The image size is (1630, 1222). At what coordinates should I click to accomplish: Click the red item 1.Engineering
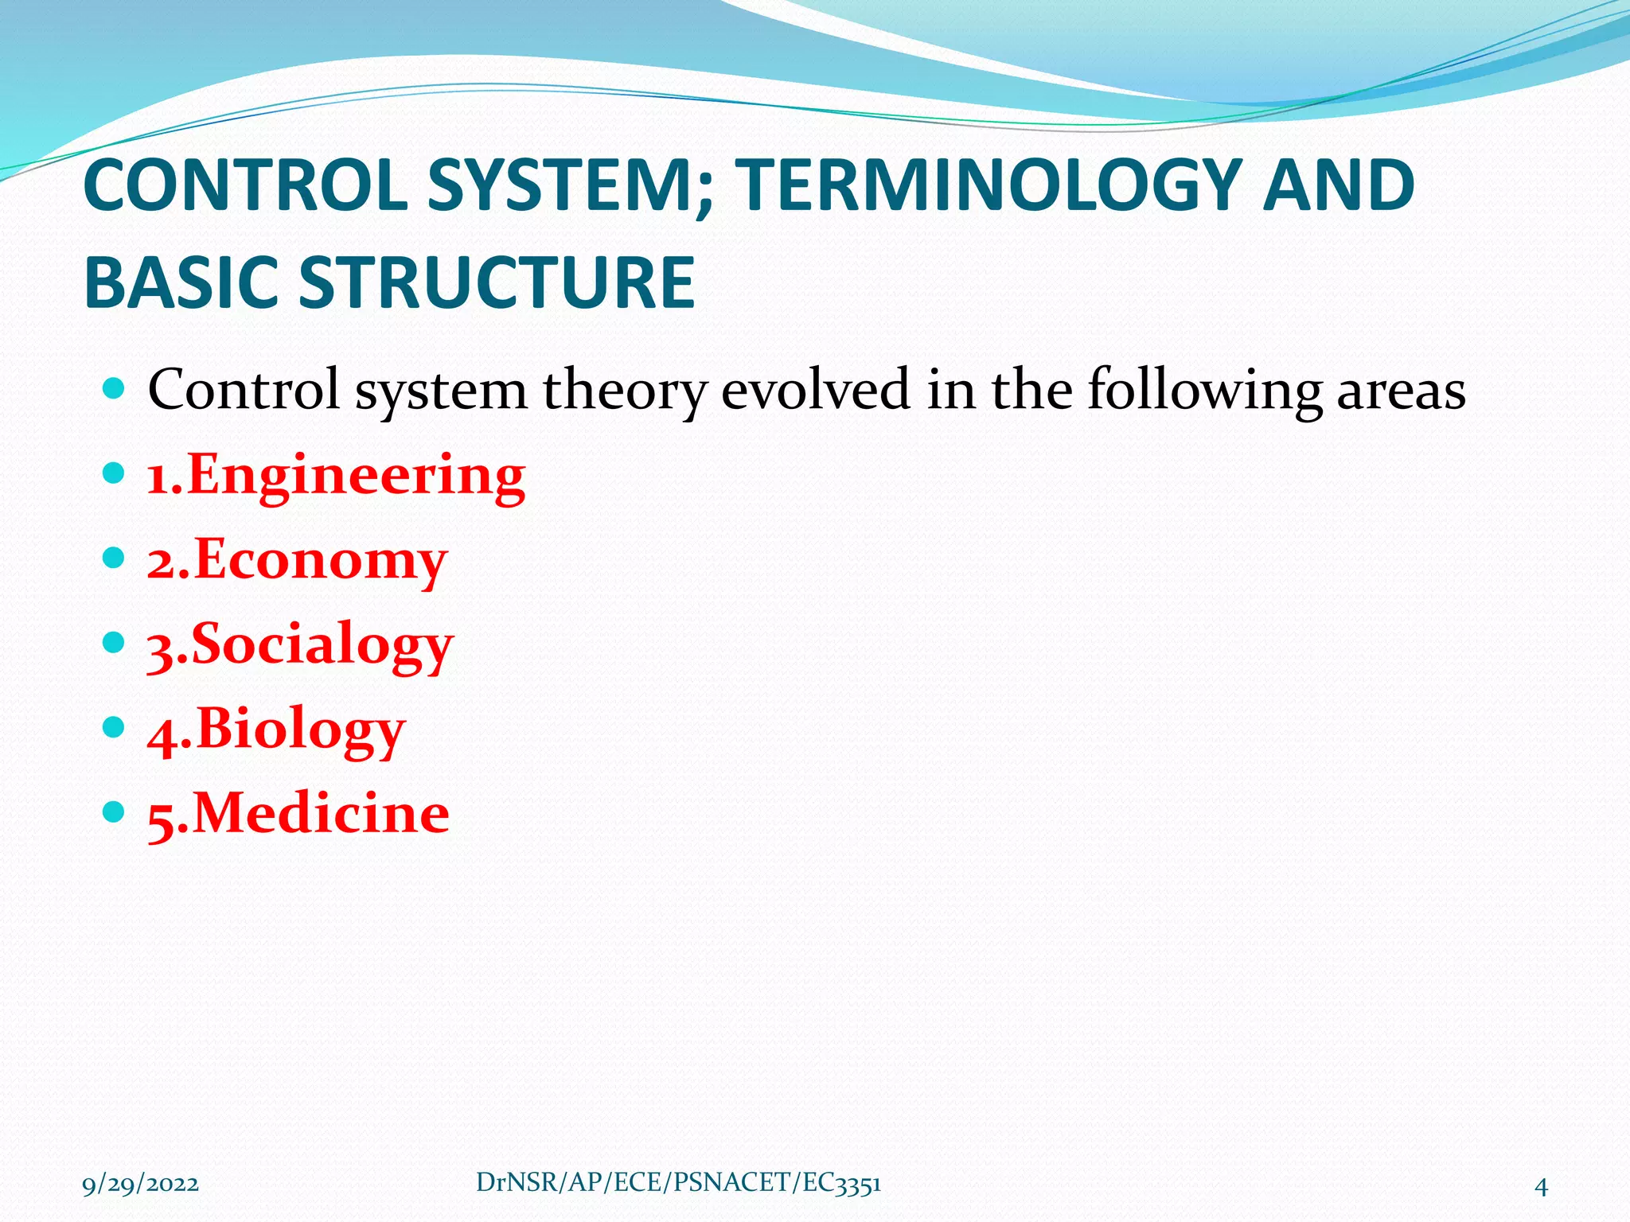click(x=336, y=476)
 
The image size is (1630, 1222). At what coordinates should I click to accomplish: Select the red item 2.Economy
click(x=297, y=560)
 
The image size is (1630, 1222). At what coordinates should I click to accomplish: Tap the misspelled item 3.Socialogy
click(x=299, y=644)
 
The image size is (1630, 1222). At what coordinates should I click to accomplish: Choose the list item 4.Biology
click(x=276, y=729)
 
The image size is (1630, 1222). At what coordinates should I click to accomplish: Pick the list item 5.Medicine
click(x=298, y=813)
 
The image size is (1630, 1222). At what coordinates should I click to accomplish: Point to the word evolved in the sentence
click(x=815, y=390)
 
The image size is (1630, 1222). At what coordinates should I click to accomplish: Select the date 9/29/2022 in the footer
click(x=141, y=1185)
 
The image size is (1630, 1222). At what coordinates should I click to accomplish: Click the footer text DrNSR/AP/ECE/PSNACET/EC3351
click(x=678, y=1183)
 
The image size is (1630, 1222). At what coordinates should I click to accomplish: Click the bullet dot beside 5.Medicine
click(x=115, y=812)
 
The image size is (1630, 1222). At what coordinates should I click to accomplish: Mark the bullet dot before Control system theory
click(x=115, y=389)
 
